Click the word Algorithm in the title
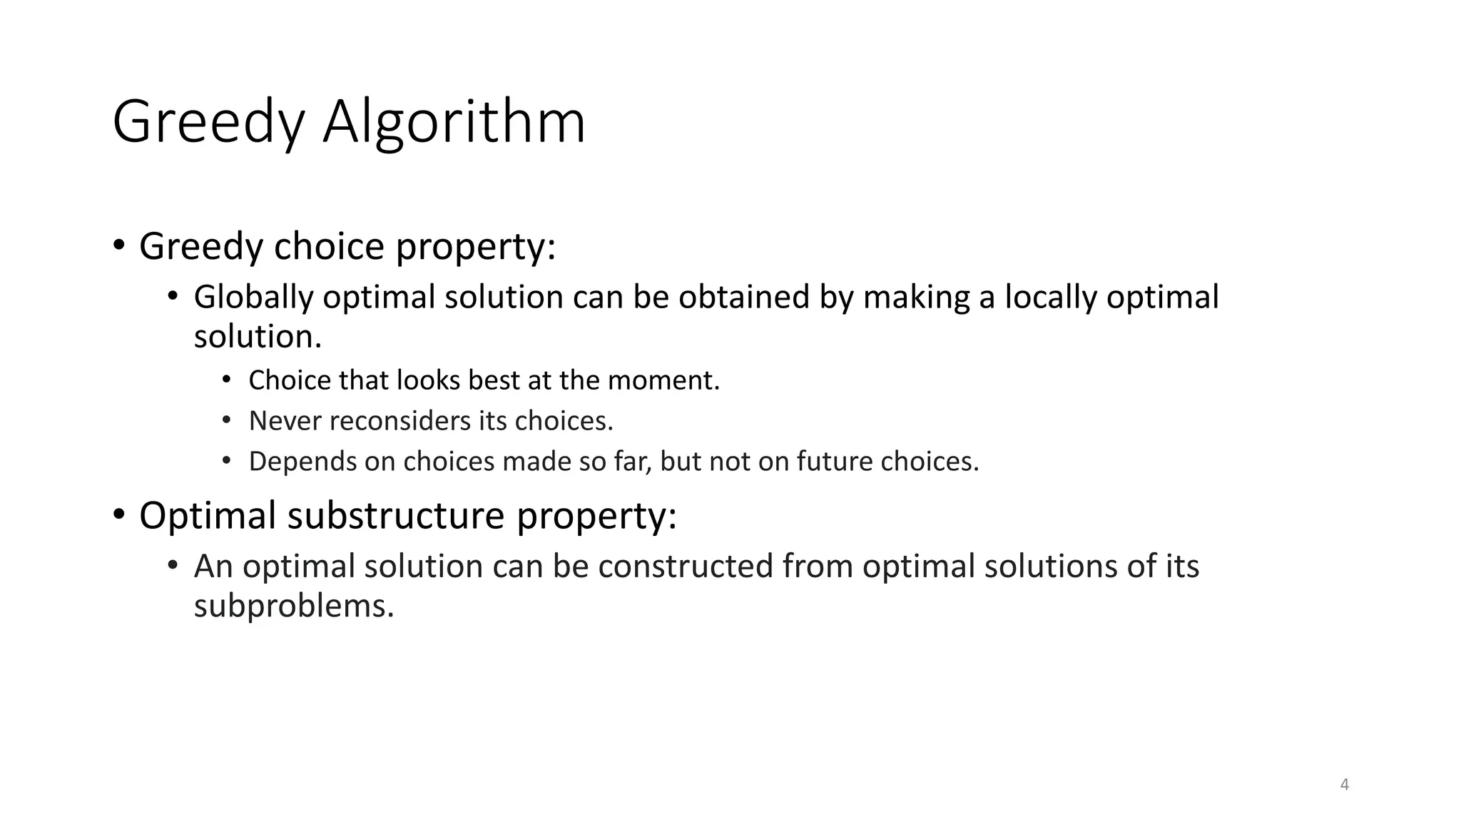coord(454,123)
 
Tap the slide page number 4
coord(1345,785)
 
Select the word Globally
coord(253,298)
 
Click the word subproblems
coord(294,607)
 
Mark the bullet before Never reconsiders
coord(226,420)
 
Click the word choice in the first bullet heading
coord(330,247)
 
